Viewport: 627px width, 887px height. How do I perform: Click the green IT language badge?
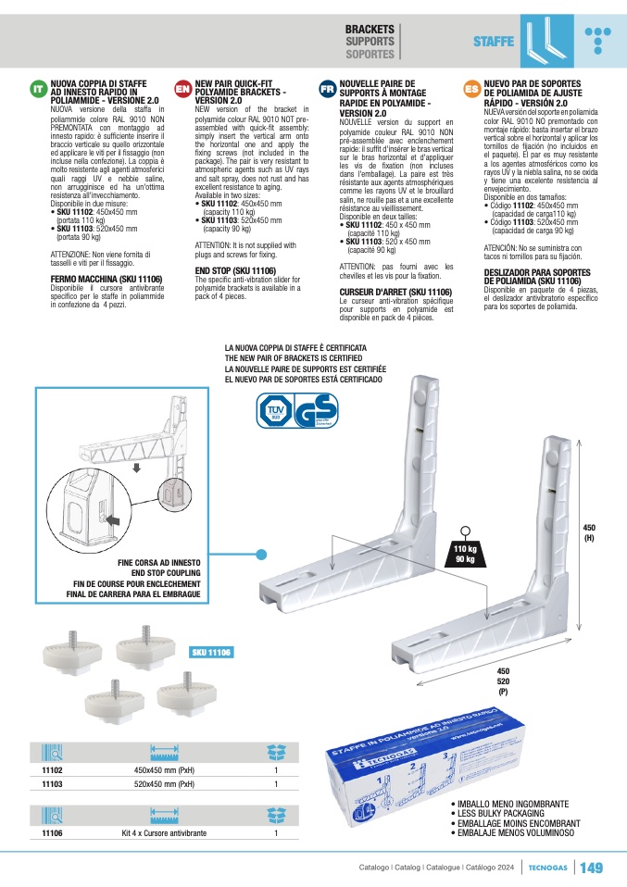click(38, 89)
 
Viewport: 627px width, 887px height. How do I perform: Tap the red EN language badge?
click(182, 89)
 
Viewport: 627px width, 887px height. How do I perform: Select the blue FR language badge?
click(327, 89)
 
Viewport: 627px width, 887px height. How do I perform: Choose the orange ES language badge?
click(471, 89)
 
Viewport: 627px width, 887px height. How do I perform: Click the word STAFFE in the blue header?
click(494, 42)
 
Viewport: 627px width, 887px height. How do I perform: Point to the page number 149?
click(592, 868)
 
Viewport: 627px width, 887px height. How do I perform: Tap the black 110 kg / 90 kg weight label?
click(465, 554)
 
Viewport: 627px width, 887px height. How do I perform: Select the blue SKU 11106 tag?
click(212, 653)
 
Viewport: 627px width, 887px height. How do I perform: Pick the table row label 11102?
click(53, 769)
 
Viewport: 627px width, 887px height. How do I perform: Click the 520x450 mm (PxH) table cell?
click(164, 784)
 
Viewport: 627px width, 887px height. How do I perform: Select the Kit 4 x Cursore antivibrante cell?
click(164, 833)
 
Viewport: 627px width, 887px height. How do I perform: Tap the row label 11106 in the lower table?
click(53, 833)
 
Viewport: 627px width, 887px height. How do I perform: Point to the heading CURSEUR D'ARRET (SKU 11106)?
click(395, 292)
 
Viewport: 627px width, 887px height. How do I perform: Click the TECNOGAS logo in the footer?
click(549, 868)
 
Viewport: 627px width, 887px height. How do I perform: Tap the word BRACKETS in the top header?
click(370, 30)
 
